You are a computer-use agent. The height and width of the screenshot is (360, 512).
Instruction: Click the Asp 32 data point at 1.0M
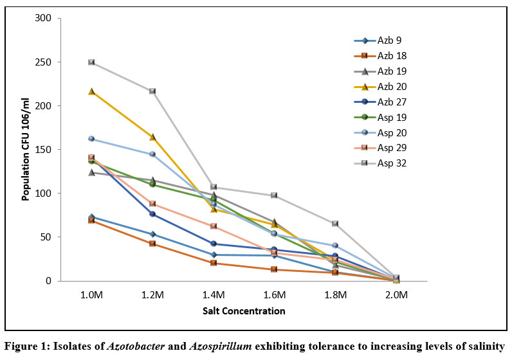[91, 62]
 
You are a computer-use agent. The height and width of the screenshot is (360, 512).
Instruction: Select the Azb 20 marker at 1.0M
[91, 92]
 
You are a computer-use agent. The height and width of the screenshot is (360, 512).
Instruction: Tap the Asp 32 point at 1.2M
[152, 91]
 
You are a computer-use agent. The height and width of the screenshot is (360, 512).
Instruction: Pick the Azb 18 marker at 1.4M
[214, 263]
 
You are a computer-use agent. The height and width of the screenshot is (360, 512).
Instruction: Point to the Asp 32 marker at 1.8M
[335, 224]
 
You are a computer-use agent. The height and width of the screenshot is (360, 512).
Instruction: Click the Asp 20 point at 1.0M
[91, 139]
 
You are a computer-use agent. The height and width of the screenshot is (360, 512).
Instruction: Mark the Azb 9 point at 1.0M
[91, 217]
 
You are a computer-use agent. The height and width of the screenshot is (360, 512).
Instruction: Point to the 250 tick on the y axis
[46, 62]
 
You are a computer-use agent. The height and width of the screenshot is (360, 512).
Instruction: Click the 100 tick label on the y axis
[46, 194]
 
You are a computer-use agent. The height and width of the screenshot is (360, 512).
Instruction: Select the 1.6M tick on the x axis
[274, 294]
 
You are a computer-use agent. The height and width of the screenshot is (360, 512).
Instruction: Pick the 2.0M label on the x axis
[396, 294]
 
